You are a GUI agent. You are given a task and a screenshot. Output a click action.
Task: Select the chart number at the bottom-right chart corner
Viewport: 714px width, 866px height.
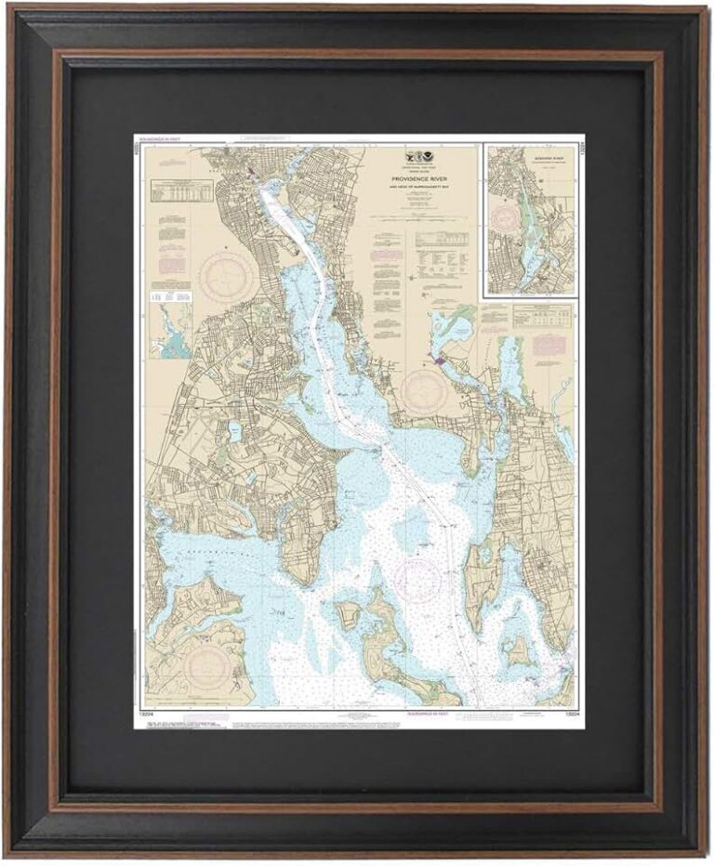pos(566,715)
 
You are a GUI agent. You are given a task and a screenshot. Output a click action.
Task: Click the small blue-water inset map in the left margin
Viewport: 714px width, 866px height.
pos(170,332)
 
